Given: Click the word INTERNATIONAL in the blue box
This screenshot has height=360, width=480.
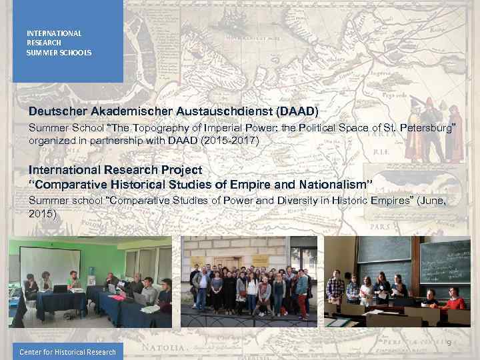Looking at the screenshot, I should pos(54,33).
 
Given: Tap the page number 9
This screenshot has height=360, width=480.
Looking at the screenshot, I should pos(449,343).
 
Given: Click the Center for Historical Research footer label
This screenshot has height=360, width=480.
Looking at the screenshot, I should pos(67,352).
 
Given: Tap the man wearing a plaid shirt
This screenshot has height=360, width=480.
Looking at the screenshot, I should pos(335,288).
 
